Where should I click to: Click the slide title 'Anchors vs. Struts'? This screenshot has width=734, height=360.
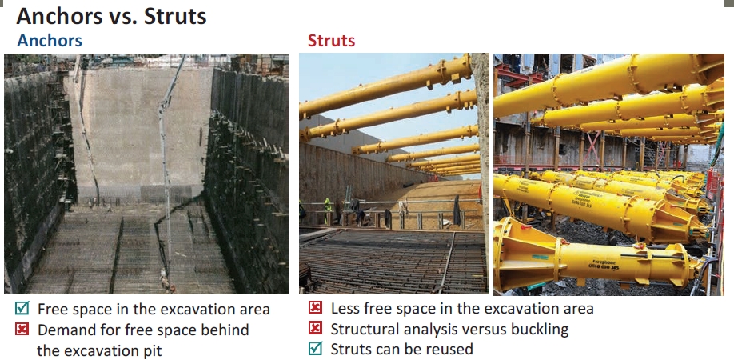(111, 16)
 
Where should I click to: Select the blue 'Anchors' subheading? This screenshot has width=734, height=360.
(50, 41)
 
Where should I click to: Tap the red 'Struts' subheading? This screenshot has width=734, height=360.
(332, 41)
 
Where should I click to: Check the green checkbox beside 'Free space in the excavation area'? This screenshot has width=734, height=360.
(22, 308)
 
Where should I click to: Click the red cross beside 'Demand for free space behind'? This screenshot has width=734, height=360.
(22, 329)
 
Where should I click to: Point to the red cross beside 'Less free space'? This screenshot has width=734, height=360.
(316, 307)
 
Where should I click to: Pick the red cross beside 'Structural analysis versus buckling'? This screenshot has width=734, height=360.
(316, 328)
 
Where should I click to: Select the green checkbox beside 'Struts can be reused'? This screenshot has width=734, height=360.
(316, 348)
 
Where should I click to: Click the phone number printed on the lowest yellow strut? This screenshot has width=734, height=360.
(604, 268)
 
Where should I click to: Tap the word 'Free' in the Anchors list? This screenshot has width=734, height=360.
(51, 310)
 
